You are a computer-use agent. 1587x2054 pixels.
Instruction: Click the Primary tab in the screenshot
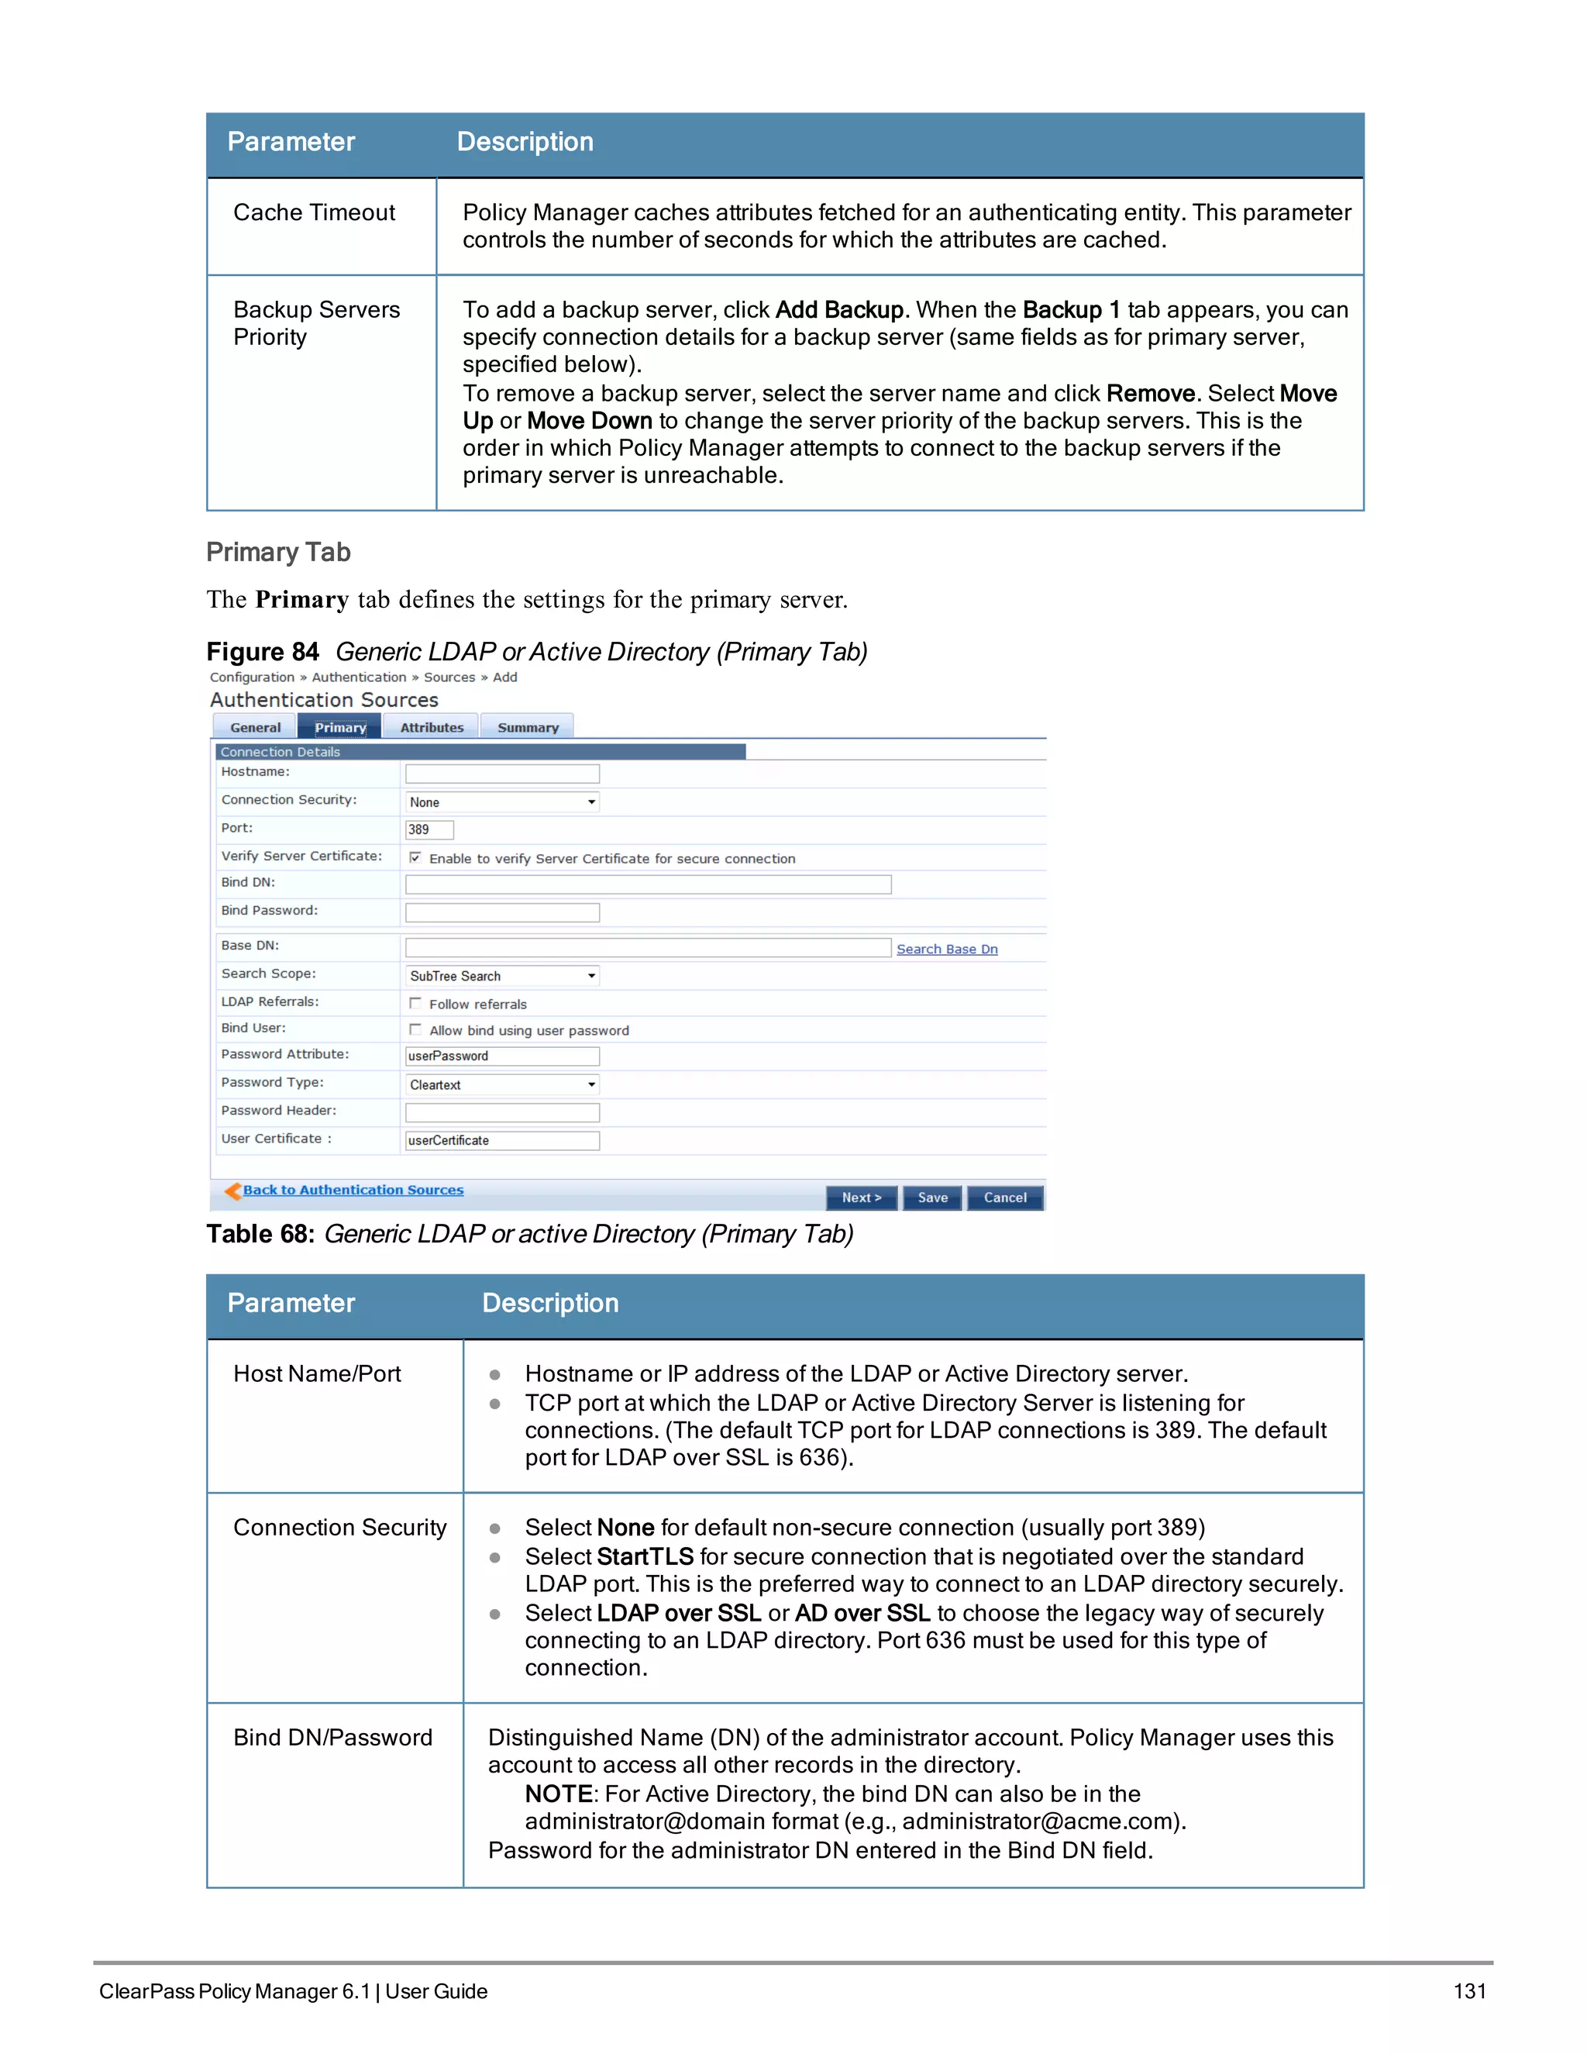pyautogui.click(x=339, y=727)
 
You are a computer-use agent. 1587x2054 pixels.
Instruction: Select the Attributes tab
pyautogui.click(x=432, y=727)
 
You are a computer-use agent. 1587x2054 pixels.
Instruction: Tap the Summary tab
pyautogui.click(x=528, y=727)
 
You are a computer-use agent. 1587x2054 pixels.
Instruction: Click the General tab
pyautogui.click(x=255, y=727)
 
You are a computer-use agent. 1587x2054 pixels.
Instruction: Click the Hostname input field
pyautogui.click(x=502, y=773)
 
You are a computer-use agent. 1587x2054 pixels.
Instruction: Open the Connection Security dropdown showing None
pyautogui.click(x=502, y=802)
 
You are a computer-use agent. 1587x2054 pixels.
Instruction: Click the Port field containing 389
pyautogui.click(x=429, y=829)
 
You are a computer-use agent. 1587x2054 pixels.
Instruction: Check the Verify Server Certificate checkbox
pyautogui.click(x=415, y=858)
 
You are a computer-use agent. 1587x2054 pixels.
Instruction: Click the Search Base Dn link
pyautogui.click(x=947, y=949)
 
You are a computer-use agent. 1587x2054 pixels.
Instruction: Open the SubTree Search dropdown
pyautogui.click(x=502, y=976)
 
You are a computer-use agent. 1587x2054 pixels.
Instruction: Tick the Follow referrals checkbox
pyautogui.click(x=415, y=1004)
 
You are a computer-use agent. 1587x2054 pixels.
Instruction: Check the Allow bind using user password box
pyautogui.click(x=415, y=1030)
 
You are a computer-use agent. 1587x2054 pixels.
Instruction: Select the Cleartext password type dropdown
pyautogui.click(x=502, y=1084)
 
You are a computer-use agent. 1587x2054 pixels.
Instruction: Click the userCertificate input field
pyautogui.click(x=502, y=1141)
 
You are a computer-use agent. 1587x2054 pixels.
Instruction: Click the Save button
pyautogui.click(x=931, y=1198)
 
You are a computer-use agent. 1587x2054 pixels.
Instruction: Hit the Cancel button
pyautogui.click(x=1005, y=1198)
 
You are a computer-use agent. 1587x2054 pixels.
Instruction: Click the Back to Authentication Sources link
pyautogui.click(x=353, y=1190)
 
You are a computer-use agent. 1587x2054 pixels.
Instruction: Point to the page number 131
pyautogui.click(x=1469, y=1991)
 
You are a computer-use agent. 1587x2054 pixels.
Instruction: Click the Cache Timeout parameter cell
pyautogui.click(x=314, y=212)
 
